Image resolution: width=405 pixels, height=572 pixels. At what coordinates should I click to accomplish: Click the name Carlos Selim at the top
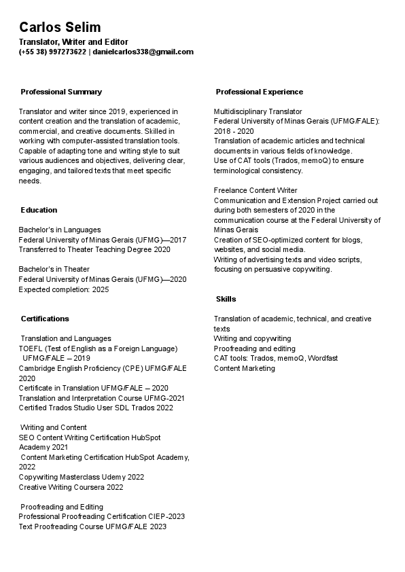(60, 27)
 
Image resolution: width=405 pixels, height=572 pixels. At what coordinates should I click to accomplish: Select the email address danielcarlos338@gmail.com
(143, 52)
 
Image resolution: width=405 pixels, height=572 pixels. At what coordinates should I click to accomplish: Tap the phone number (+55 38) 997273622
(52, 52)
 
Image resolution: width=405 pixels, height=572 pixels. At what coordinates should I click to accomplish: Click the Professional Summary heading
(61, 92)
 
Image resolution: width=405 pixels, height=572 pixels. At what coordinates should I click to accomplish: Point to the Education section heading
(39, 210)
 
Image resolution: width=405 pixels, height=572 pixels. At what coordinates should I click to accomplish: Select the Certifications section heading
(45, 319)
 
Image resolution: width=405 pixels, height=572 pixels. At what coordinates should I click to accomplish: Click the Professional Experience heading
(259, 92)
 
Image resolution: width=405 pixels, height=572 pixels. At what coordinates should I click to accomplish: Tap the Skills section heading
(226, 299)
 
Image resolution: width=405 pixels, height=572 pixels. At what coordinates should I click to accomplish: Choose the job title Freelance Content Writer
(255, 190)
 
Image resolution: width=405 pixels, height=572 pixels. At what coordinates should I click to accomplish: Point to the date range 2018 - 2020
(234, 131)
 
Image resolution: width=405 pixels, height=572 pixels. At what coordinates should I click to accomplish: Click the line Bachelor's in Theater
(54, 269)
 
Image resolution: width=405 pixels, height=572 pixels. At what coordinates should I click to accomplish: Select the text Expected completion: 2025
(63, 289)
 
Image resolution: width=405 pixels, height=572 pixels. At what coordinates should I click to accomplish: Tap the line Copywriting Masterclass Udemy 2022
(82, 477)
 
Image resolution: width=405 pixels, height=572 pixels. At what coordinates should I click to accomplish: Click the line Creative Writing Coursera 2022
(71, 487)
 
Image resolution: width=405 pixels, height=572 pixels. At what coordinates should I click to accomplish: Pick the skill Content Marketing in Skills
(244, 368)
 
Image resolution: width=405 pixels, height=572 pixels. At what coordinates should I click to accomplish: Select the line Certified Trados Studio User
(96, 408)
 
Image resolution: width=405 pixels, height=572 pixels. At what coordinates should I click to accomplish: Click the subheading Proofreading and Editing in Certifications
(62, 507)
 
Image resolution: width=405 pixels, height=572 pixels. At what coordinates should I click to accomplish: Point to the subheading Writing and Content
(54, 427)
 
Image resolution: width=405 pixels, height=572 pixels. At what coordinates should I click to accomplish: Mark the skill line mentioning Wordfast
(275, 358)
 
